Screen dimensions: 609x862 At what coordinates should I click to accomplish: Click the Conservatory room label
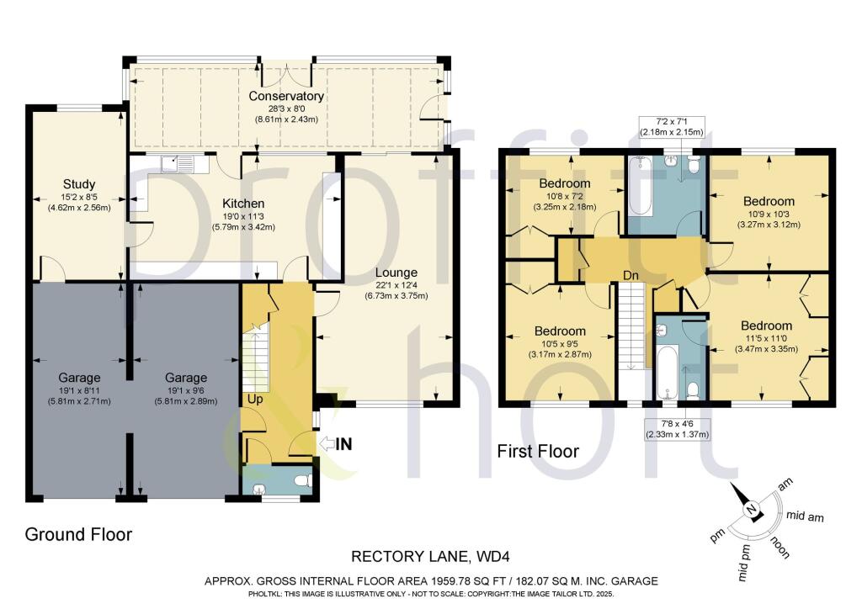click(286, 96)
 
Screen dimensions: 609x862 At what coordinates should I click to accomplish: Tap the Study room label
click(79, 184)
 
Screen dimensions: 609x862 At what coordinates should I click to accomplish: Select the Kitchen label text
click(243, 204)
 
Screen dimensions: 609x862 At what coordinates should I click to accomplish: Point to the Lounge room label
click(396, 273)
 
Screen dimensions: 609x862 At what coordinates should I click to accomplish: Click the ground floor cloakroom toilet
click(303, 481)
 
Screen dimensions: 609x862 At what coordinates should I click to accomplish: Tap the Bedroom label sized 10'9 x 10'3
click(769, 201)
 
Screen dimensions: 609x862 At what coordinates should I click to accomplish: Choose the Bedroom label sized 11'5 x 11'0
click(766, 326)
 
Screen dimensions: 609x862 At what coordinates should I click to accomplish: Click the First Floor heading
click(537, 452)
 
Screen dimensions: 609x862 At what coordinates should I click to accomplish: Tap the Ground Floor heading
click(78, 534)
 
